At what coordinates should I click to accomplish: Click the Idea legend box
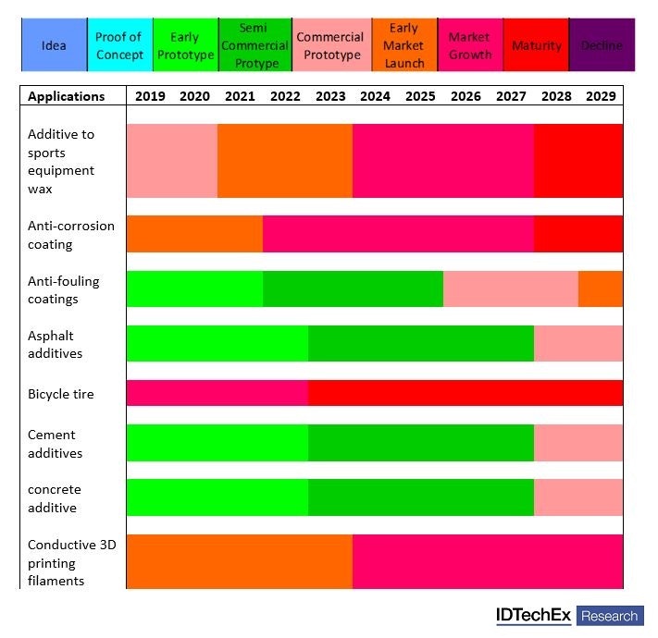[54, 45]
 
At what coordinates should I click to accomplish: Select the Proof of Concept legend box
[119, 45]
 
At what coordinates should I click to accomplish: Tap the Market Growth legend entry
[469, 45]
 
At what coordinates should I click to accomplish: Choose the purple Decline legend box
[602, 45]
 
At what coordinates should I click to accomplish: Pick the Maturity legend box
[537, 45]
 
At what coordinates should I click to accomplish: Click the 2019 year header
[150, 96]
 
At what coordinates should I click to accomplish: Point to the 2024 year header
[375, 96]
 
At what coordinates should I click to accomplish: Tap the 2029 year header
[602, 96]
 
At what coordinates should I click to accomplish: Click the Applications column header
[66, 96]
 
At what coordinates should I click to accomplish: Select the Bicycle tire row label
[61, 394]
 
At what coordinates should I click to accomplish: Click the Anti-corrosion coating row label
[71, 235]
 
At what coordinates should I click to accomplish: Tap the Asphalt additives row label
[56, 344]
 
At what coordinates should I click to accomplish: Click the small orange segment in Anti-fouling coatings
[601, 288]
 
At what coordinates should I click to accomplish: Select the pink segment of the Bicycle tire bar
[217, 393]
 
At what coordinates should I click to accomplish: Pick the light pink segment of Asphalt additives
[578, 343]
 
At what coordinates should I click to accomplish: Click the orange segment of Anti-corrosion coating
[194, 234]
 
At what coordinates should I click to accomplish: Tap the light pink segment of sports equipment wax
[171, 161]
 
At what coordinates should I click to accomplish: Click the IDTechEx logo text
[533, 615]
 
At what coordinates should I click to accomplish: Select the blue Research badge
[610, 616]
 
